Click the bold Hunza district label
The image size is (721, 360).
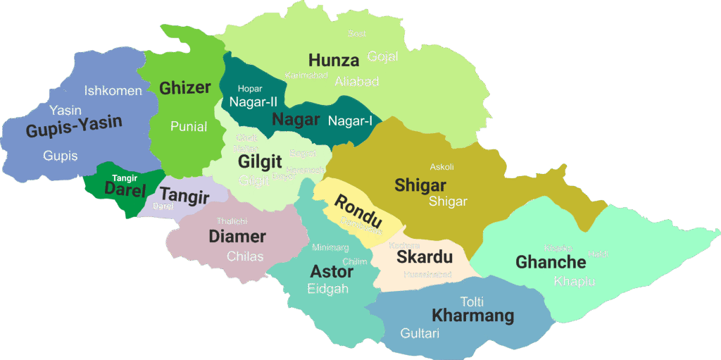(334, 61)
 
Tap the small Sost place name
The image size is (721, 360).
(357, 34)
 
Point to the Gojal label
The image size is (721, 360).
(382, 56)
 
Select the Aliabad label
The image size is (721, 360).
(356, 82)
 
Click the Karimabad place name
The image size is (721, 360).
(306, 75)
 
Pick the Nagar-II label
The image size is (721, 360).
(253, 101)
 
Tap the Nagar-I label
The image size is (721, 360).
(350, 120)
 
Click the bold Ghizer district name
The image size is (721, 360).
(185, 88)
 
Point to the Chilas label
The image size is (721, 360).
(245, 256)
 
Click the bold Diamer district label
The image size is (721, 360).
(237, 237)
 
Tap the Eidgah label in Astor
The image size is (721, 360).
(328, 289)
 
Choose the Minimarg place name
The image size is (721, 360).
(330, 247)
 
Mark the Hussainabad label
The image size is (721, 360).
(427, 275)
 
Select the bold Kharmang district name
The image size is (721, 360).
(472, 316)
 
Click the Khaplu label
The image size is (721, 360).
(575, 281)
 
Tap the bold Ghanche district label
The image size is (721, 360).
(551, 263)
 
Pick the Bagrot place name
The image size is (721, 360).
(303, 153)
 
